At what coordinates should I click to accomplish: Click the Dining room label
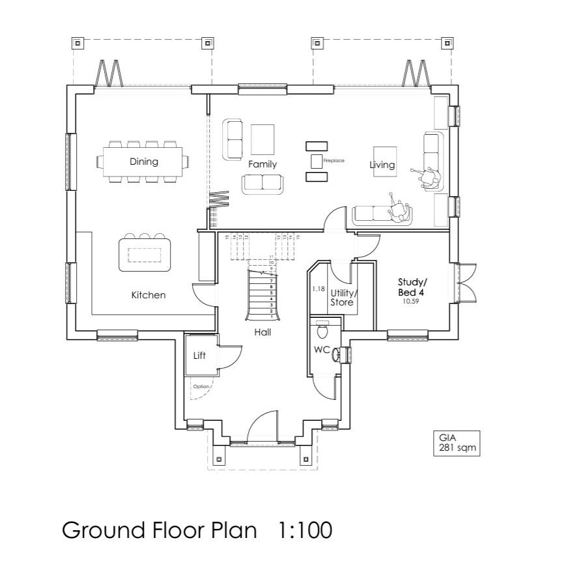coord(143,162)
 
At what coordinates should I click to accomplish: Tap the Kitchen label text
coord(149,295)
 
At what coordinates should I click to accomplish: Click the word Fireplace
coord(334,160)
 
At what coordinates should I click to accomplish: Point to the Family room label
coord(262,164)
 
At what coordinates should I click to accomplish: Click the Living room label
coord(382,165)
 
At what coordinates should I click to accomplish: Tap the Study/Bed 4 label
coord(412,287)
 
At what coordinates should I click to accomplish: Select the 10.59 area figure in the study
coord(410,302)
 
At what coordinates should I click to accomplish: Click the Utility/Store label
coord(343,298)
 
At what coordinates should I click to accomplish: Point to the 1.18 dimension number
coord(318,289)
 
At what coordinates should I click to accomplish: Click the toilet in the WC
coord(322,332)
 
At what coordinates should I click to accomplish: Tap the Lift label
coord(200,356)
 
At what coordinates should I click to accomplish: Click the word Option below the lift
coord(201,386)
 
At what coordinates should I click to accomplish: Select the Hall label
coord(263,332)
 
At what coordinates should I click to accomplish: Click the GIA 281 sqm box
coord(457,443)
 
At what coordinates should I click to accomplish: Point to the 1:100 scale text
coord(305,530)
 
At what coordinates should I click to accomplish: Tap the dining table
coord(144,161)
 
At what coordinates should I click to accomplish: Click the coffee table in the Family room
coord(263,138)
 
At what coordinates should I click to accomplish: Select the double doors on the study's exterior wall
coord(466,284)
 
